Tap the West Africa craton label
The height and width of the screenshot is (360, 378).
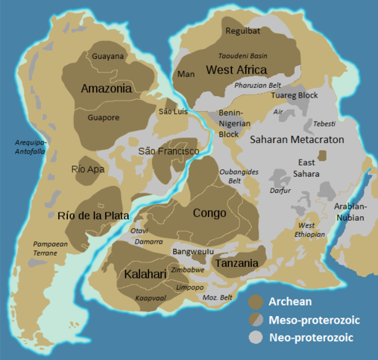tap(236, 70)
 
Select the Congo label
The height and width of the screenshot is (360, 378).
tap(209, 213)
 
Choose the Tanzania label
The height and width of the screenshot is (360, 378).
tap(237, 263)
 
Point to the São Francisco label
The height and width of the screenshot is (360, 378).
tap(168, 152)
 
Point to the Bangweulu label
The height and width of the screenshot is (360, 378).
tap(194, 251)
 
